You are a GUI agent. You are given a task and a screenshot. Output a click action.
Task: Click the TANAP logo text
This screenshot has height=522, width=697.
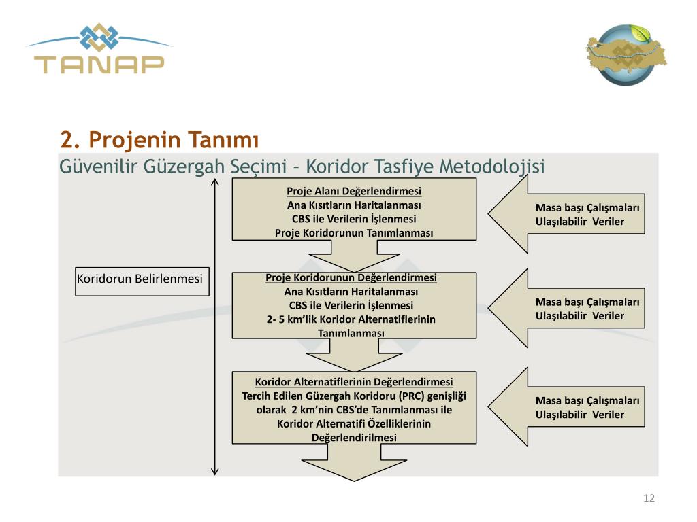point(99,64)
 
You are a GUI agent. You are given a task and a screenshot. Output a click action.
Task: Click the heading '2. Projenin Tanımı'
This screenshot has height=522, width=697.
point(160,140)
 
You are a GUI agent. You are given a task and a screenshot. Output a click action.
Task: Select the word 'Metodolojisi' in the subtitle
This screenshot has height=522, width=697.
point(492,166)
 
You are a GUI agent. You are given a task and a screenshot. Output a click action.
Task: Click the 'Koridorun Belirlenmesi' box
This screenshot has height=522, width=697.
point(140,279)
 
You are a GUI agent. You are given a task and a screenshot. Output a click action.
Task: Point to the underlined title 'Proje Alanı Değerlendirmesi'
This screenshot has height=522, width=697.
point(354,190)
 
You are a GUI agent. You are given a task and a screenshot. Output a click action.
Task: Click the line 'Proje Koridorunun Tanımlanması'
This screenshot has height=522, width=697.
point(354,233)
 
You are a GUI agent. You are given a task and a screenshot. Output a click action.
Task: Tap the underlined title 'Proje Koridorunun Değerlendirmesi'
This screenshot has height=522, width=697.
point(351,278)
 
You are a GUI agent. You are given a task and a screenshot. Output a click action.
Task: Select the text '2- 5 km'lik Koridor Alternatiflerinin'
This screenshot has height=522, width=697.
point(351,319)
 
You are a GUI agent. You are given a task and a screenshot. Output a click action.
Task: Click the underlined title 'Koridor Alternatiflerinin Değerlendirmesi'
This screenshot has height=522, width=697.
point(354,382)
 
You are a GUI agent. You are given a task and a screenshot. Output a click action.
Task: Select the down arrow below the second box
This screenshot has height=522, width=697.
point(354,356)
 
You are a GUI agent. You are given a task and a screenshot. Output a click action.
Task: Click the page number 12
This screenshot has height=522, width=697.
point(649,499)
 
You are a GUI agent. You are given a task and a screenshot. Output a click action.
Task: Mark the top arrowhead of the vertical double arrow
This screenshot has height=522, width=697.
point(215,182)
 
